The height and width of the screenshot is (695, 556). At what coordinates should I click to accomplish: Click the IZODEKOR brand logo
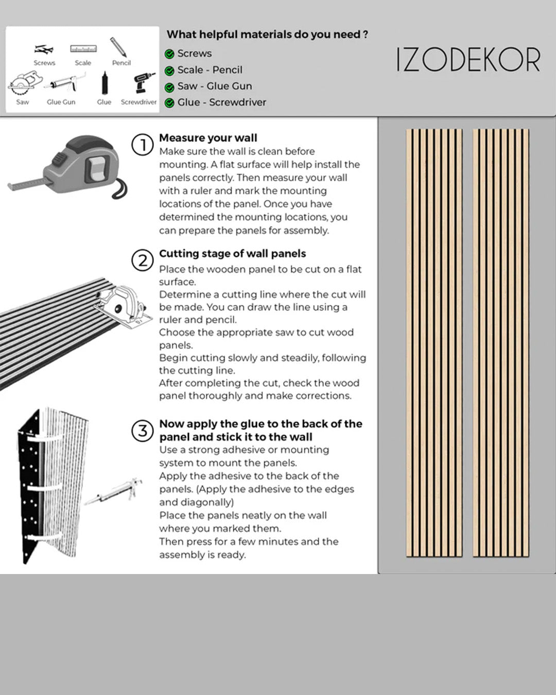point(468,60)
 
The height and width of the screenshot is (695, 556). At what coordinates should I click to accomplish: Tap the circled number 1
point(143,145)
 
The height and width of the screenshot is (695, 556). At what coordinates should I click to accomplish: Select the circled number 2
point(143,260)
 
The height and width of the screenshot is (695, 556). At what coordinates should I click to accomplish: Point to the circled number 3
point(143,430)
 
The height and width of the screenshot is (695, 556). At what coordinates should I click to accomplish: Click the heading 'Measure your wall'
point(208,138)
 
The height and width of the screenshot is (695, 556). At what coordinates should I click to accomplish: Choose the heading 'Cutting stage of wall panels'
point(232,254)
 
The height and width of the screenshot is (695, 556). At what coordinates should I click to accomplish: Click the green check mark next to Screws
point(169,54)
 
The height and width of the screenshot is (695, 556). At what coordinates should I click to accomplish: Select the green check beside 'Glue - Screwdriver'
point(169,103)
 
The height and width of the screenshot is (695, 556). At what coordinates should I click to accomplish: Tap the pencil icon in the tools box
point(118,47)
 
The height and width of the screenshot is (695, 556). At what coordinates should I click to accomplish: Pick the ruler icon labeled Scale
point(83,49)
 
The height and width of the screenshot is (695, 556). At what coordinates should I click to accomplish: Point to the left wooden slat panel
point(434,342)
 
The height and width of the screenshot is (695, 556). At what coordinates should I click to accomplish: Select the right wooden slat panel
point(501,342)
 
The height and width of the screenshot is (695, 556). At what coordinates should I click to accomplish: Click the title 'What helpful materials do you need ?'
point(267,35)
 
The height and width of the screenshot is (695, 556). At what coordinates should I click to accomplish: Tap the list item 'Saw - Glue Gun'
point(215,86)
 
